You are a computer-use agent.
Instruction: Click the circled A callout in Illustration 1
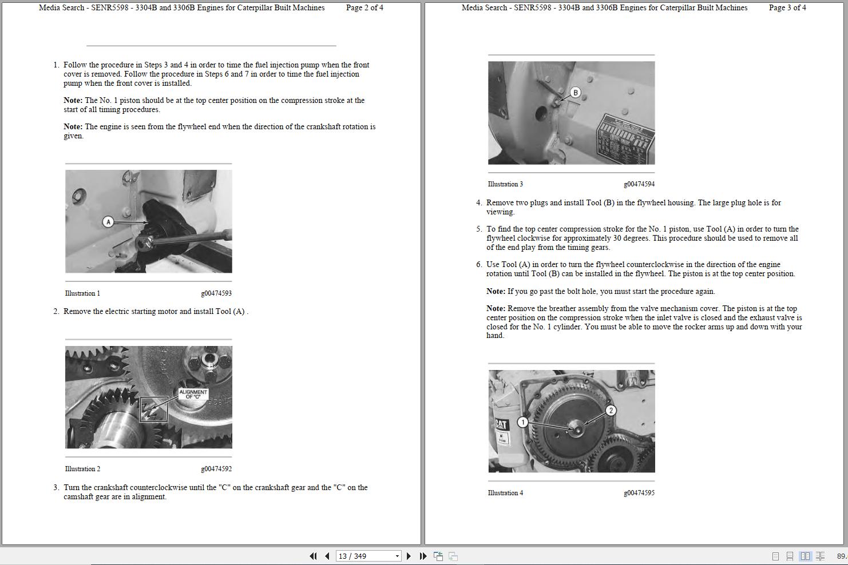click(x=108, y=222)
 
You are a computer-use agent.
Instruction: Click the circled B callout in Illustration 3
click(x=575, y=92)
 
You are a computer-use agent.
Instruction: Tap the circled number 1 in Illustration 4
click(x=522, y=422)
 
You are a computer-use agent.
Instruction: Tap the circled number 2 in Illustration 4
click(x=611, y=410)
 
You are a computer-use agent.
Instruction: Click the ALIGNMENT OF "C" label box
click(x=193, y=395)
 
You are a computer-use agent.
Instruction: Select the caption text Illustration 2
click(x=82, y=469)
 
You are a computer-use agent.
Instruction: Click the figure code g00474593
click(x=216, y=293)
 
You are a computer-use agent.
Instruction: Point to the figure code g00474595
click(x=639, y=493)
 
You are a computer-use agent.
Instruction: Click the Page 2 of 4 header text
click(x=364, y=8)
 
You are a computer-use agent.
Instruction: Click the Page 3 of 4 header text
click(x=787, y=8)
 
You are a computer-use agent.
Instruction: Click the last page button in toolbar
click(x=423, y=556)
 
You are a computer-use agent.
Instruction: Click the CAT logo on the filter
click(x=501, y=425)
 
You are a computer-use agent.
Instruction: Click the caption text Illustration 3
click(x=505, y=184)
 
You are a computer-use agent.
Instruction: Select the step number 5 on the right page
click(x=478, y=229)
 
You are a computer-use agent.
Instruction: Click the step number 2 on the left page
click(x=56, y=312)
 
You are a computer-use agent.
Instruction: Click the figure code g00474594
click(x=639, y=184)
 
